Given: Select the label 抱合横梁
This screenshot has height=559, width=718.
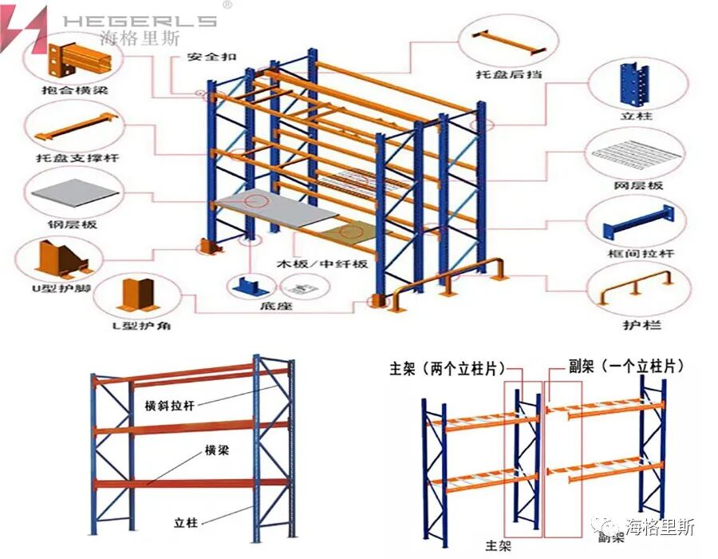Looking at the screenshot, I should tap(73, 90).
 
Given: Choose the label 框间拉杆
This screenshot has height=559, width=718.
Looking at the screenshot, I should tap(640, 254).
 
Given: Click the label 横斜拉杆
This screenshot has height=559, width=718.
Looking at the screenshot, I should tap(170, 405).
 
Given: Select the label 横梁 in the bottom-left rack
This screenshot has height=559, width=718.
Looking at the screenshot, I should tap(216, 450).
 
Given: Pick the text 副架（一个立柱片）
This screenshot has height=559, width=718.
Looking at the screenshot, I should tap(615, 366).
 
